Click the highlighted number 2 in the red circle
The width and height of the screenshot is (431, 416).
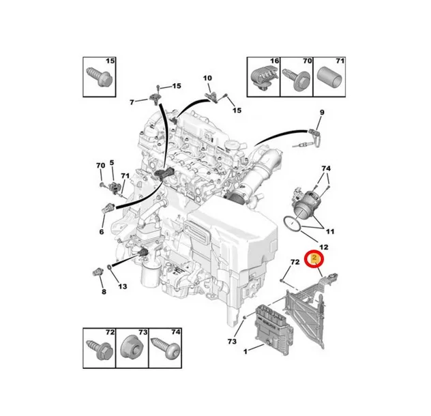[x=314, y=258]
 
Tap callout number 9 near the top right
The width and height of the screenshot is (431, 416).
[x=322, y=112]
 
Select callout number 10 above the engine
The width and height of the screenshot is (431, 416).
[x=207, y=78]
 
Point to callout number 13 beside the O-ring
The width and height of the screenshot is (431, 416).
[x=123, y=286]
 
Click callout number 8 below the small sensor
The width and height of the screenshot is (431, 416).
[x=104, y=291]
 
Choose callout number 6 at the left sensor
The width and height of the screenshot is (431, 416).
[x=102, y=232]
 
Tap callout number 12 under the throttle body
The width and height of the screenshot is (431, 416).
[x=324, y=247]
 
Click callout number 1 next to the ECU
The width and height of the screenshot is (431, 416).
[x=246, y=351]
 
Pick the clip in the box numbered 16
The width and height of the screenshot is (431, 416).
[x=264, y=78]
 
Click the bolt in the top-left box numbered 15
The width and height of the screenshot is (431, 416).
[x=100, y=76]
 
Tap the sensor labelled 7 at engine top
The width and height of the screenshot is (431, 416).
[x=154, y=99]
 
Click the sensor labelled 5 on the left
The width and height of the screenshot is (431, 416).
[x=114, y=187]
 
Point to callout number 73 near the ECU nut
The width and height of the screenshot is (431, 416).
[x=232, y=341]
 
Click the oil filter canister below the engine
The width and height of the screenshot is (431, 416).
[x=150, y=276]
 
